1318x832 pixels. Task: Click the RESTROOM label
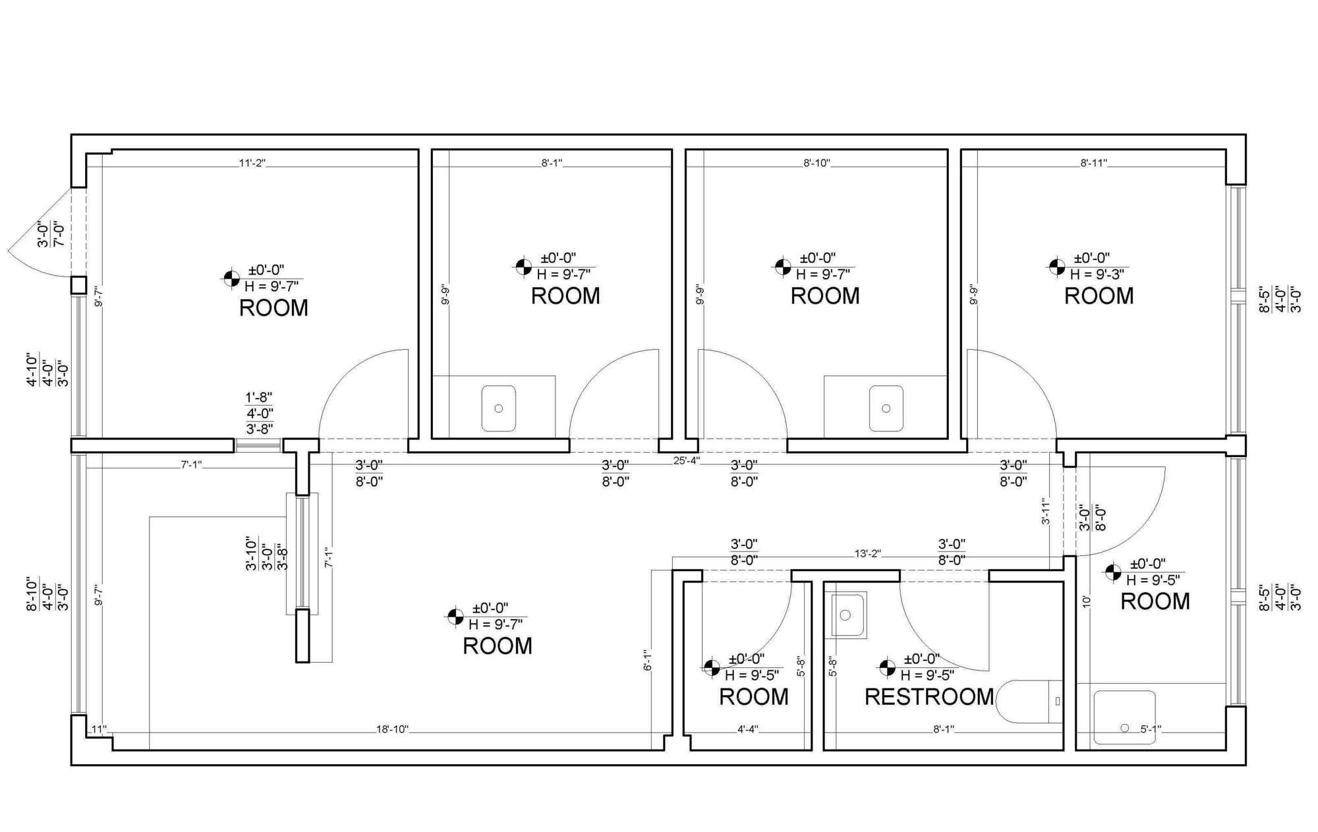click(x=929, y=697)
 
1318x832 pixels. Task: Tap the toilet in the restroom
click(x=1028, y=702)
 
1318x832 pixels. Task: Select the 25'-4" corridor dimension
click(x=686, y=460)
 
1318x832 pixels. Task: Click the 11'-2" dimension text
click(x=252, y=163)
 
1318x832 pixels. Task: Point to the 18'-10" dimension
click(x=393, y=729)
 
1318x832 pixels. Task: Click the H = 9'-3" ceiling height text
click(x=1097, y=274)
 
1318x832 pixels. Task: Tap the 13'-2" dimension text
click(x=868, y=554)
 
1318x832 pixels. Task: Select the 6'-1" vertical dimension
click(x=648, y=659)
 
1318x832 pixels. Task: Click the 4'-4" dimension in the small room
click(x=747, y=729)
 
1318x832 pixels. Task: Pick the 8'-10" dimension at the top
click(x=817, y=163)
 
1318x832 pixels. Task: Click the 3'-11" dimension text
click(x=1046, y=511)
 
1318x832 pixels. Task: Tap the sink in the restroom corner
click(x=848, y=615)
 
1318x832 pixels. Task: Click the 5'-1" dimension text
click(x=1151, y=729)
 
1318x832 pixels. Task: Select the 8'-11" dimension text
click(x=1094, y=163)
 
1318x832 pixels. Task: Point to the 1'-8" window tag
click(x=259, y=397)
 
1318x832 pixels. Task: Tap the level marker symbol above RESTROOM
click(x=887, y=668)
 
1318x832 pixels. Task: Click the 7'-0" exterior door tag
click(x=59, y=235)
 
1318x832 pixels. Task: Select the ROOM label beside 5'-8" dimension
click(x=753, y=697)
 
